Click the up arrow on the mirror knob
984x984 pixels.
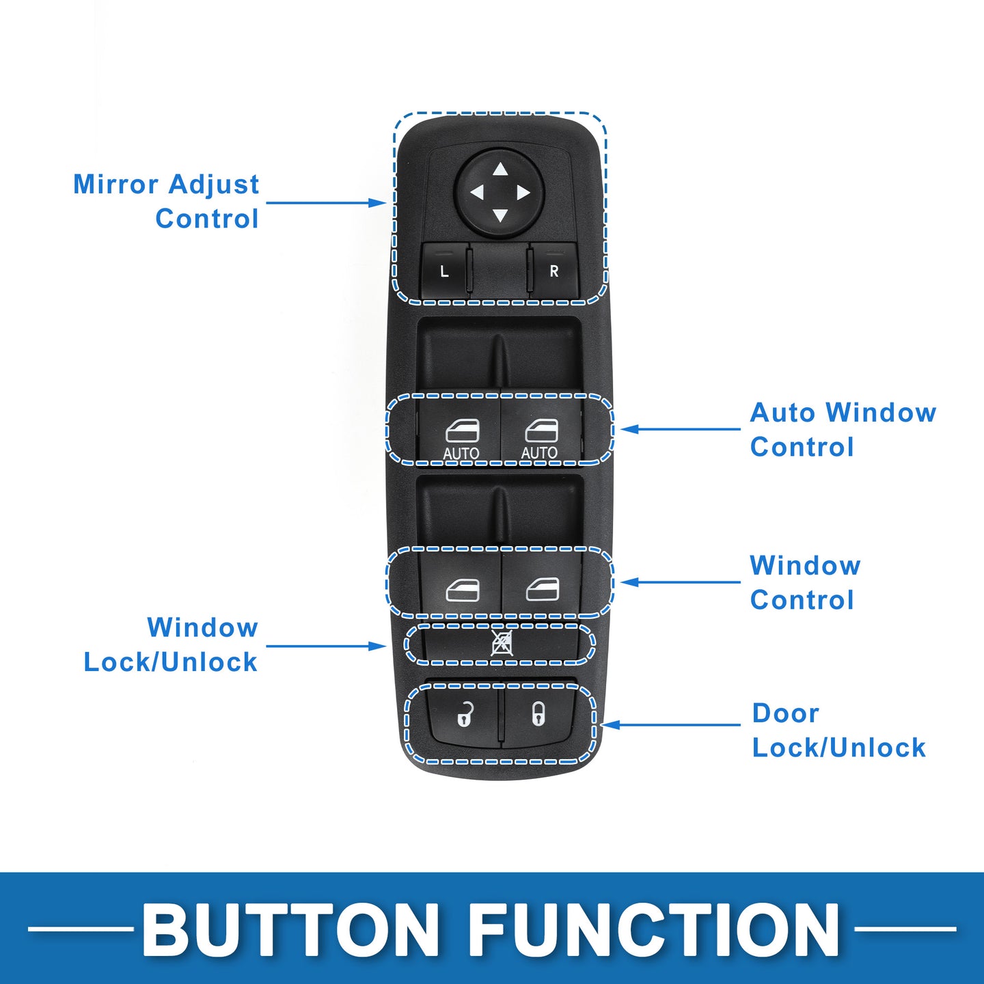pyautogui.click(x=500, y=169)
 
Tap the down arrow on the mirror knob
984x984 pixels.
pyautogui.click(x=500, y=216)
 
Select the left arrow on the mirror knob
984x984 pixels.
pyautogui.click(x=476, y=193)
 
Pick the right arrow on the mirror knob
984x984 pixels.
pyautogui.click(x=523, y=193)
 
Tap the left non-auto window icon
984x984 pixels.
pyautogui.click(x=462, y=590)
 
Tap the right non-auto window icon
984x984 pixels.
pyautogui.click(x=543, y=590)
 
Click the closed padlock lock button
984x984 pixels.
pyautogui.click(x=538, y=714)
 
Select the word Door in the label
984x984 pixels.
pyautogui.click(x=785, y=713)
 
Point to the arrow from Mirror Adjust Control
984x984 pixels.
pyautogui.click(x=326, y=203)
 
